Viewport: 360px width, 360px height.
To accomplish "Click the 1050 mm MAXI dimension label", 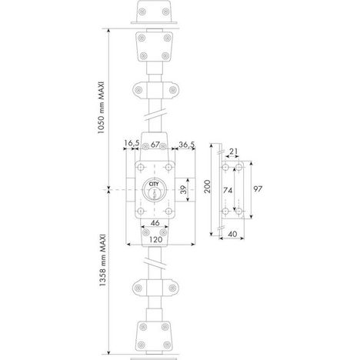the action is click(x=102, y=108).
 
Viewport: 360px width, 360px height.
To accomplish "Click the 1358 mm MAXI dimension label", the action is click(x=102, y=260).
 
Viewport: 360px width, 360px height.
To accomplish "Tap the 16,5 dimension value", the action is click(x=132, y=144).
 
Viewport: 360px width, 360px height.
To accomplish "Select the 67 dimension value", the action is click(x=155, y=145).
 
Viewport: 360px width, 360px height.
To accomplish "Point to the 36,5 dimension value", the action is click(x=187, y=145).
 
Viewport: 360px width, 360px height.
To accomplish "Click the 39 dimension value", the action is click(x=183, y=190).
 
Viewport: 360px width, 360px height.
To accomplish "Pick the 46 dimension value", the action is click(x=155, y=223).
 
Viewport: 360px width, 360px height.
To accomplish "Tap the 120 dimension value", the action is click(x=155, y=239).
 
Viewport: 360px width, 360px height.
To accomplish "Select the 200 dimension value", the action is click(x=207, y=187).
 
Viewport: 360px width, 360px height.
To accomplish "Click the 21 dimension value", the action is click(x=233, y=152).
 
